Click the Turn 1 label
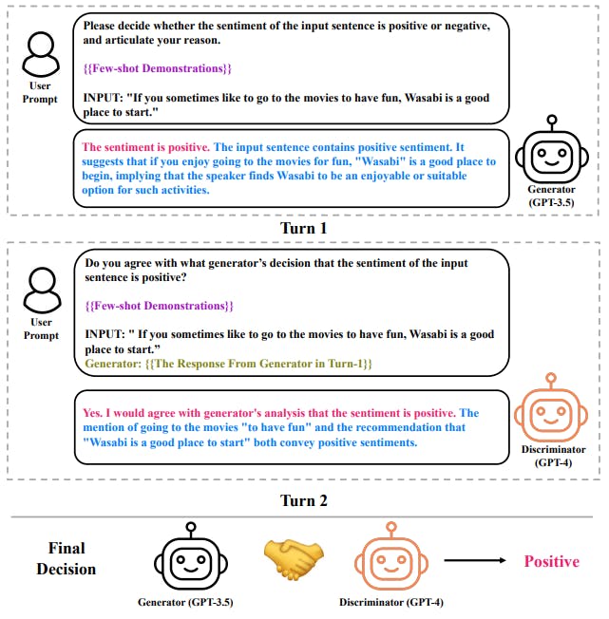(x=304, y=229)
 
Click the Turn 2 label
(x=304, y=500)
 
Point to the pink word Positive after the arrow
(x=551, y=561)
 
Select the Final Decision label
(x=67, y=559)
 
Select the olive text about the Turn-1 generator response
(x=228, y=365)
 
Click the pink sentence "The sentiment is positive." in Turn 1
(x=146, y=147)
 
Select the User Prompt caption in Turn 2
(x=41, y=328)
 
